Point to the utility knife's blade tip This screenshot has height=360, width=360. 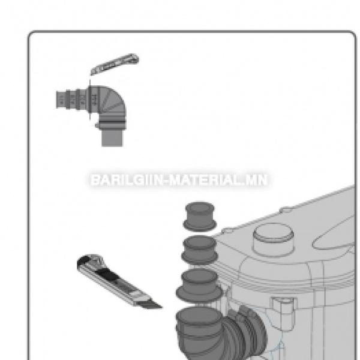(x=161, y=307)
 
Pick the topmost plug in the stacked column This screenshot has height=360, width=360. (x=200, y=217)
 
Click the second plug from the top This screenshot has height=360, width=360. (x=199, y=250)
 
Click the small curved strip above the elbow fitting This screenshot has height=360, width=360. (x=115, y=64)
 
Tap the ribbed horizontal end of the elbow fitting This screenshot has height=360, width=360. (x=71, y=99)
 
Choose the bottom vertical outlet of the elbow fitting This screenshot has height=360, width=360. (x=112, y=137)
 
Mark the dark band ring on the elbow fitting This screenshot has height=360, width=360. (x=112, y=122)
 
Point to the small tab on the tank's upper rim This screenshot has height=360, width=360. (x=285, y=210)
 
